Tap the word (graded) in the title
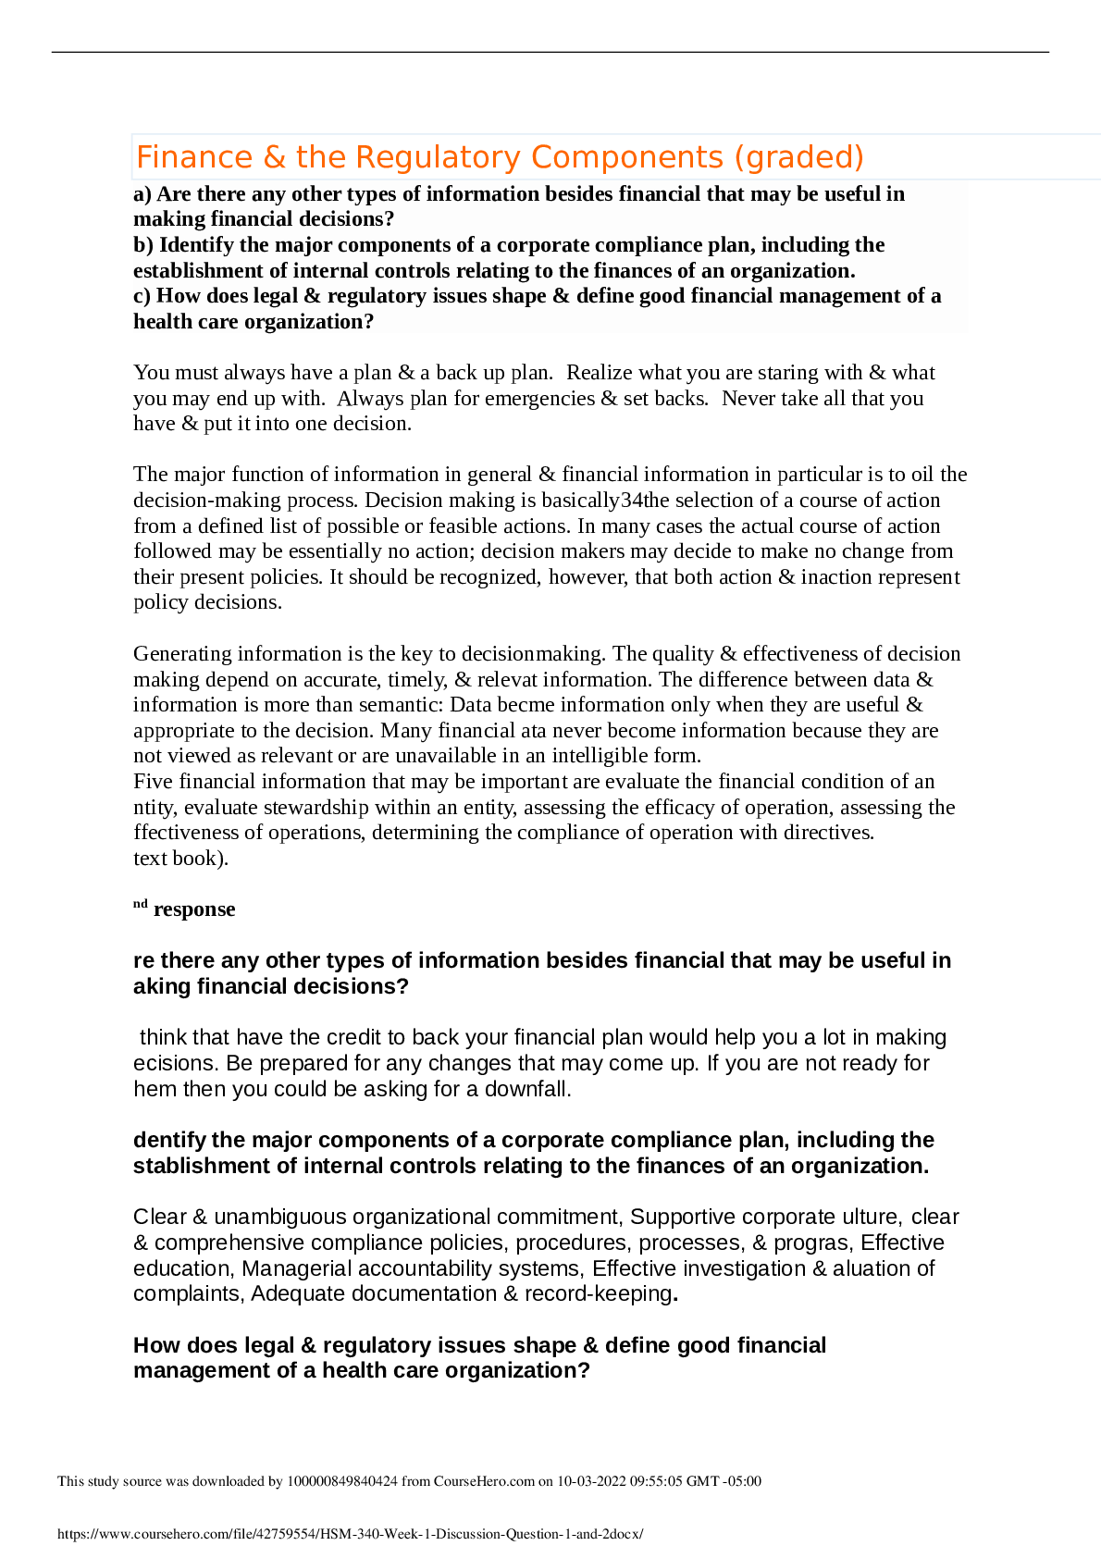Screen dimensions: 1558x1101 pyautogui.click(x=798, y=157)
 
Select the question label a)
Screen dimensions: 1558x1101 pyautogui.click(x=142, y=194)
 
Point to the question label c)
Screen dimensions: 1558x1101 pyautogui.click(x=142, y=296)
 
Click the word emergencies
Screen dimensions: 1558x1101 pyautogui.click(x=539, y=399)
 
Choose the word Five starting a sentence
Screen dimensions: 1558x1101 pyautogui.click(x=154, y=782)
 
